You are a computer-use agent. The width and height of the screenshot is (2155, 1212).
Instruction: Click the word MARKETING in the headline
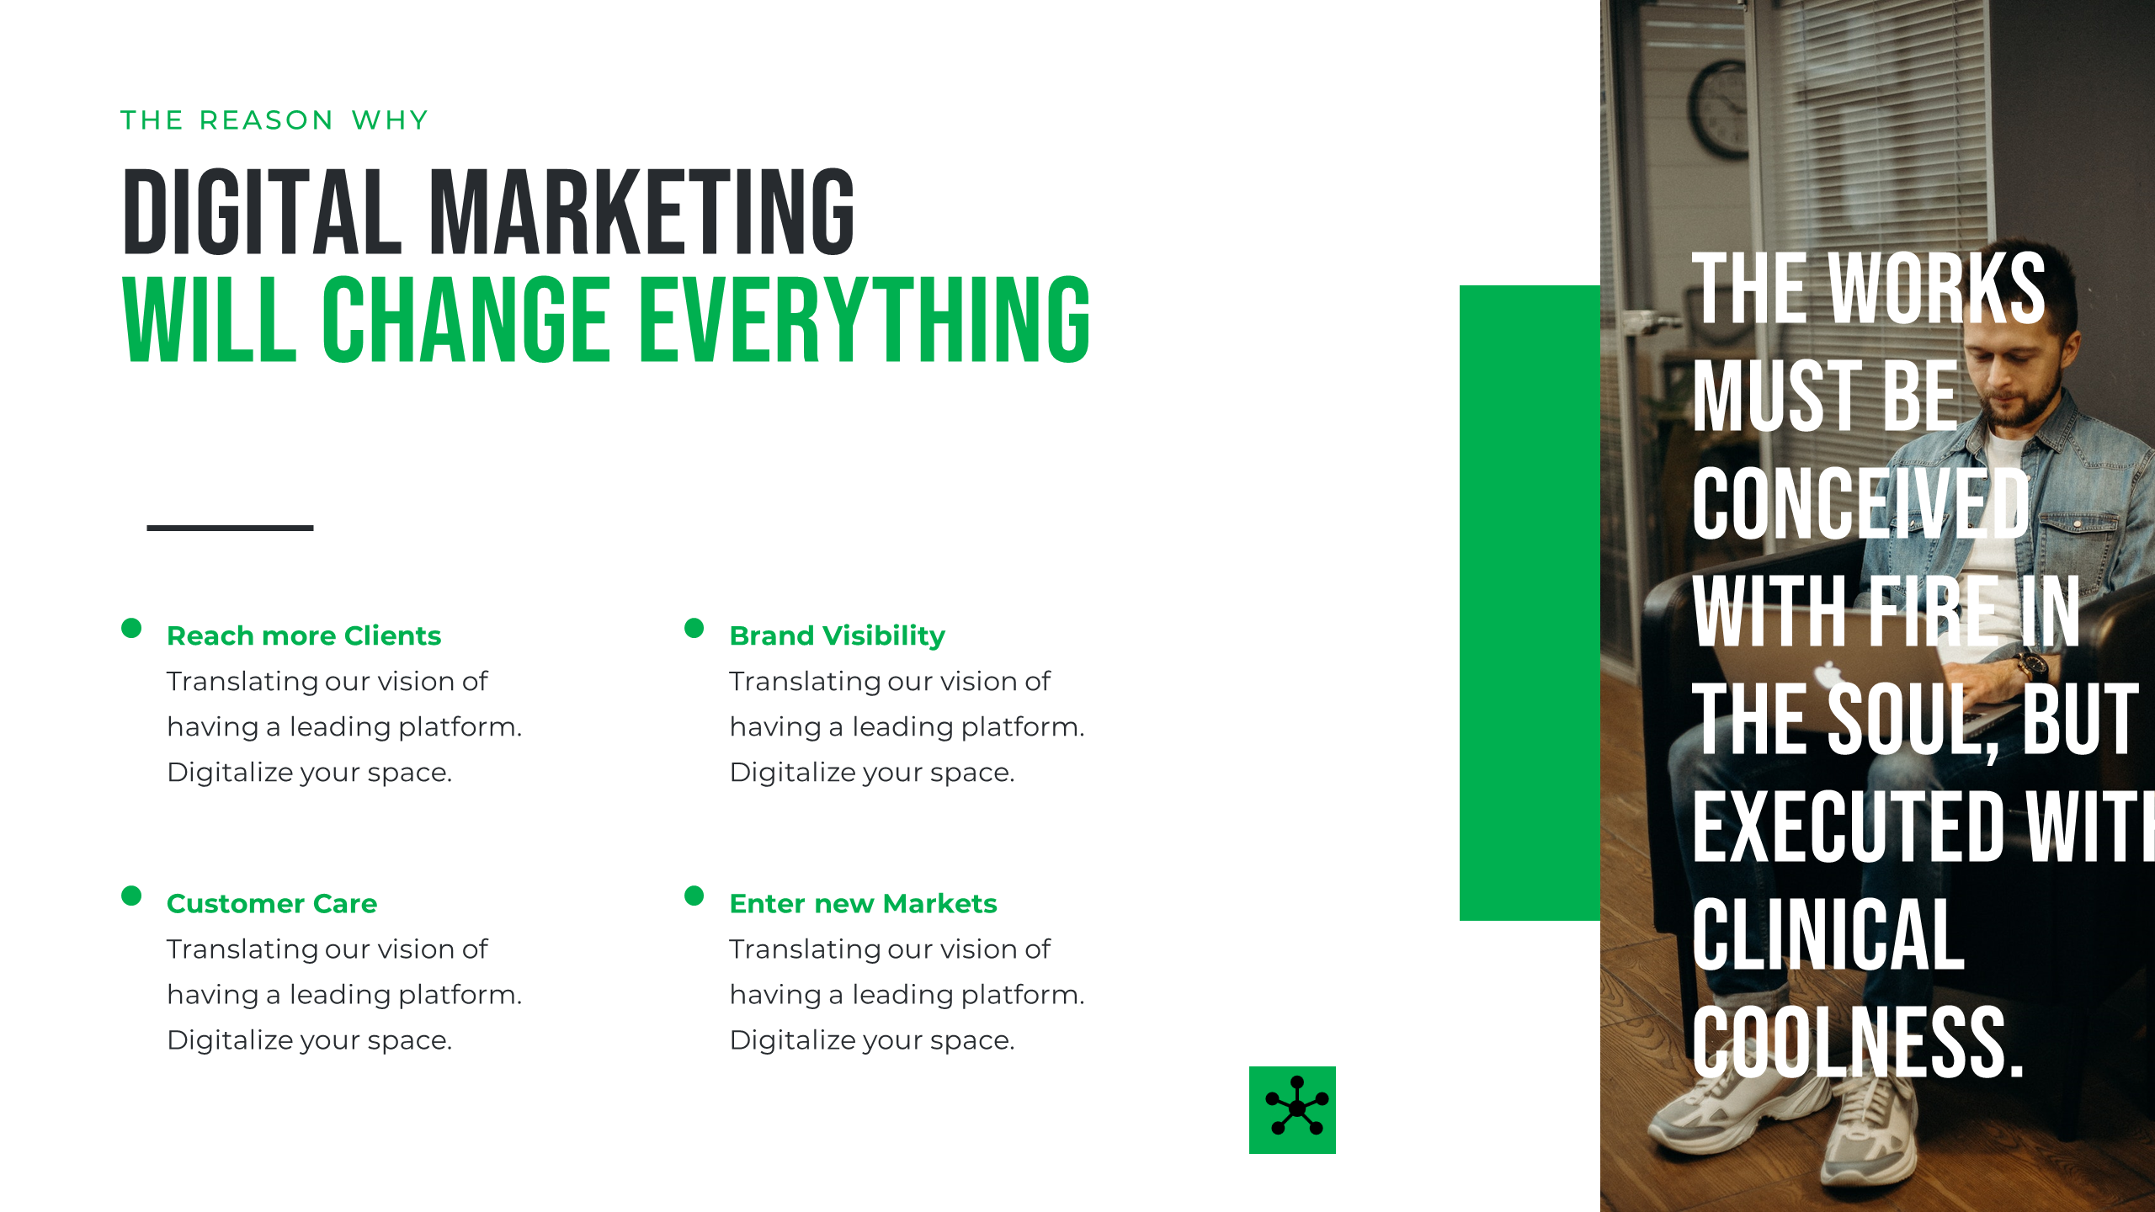(642, 211)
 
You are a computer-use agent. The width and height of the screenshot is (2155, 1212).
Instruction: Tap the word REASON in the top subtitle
(266, 120)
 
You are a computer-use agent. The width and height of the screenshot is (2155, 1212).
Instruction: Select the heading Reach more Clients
(303, 635)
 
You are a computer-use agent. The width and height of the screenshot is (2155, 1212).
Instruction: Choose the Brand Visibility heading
(837, 635)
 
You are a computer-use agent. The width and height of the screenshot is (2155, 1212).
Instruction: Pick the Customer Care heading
(271, 903)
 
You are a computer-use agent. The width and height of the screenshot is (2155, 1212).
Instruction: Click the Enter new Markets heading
(863, 903)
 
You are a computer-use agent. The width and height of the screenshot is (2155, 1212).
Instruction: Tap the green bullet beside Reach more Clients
(131, 628)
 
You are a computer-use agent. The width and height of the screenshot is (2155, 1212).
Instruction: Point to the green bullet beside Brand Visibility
(694, 628)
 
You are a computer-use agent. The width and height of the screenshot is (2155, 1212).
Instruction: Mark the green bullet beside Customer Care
(131, 896)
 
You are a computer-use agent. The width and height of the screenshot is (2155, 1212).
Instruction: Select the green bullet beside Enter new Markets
(694, 896)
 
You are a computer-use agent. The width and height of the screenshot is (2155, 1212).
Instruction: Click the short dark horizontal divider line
(230, 528)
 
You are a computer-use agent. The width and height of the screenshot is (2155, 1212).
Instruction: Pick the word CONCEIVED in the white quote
(1860, 505)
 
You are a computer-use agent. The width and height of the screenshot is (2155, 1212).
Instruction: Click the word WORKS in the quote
(1936, 289)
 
